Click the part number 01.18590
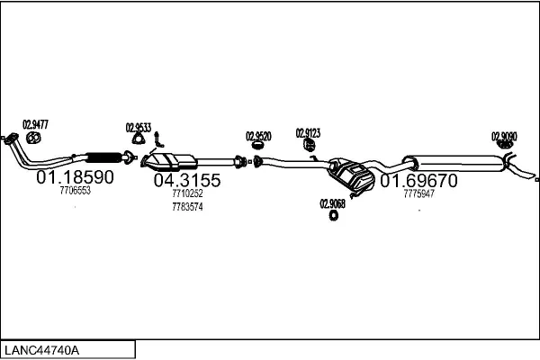click(x=75, y=178)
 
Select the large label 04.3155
click(x=187, y=180)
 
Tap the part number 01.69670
click(x=418, y=181)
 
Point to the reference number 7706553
click(x=75, y=192)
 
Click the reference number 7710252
click(x=187, y=193)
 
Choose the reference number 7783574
click(x=187, y=207)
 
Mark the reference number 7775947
click(x=418, y=193)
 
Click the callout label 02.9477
click(x=35, y=124)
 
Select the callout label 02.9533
click(x=138, y=127)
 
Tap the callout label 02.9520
click(x=258, y=136)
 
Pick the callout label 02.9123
click(x=308, y=132)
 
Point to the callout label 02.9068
click(x=332, y=203)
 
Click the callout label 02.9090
click(x=504, y=137)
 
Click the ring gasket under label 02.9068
click(x=333, y=215)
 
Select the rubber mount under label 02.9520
click(x=258, y=147)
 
